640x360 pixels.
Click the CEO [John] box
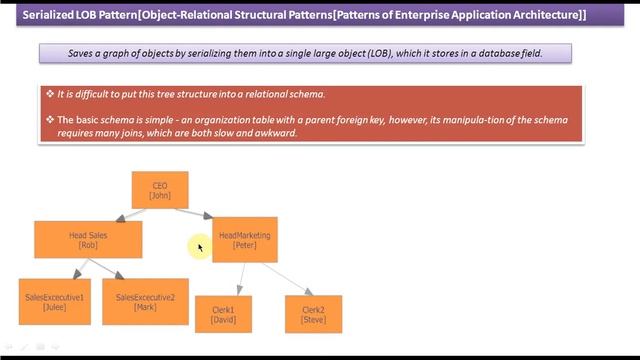click(x=160, y=190)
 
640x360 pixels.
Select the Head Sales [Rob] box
click(x=88, y=240)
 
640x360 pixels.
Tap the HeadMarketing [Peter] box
click(x=245, y=240)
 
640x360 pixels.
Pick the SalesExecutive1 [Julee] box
click(x=54, y=302)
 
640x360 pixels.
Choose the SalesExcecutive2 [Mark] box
click(x=145, y=302)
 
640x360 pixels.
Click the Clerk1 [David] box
click(x=223, y=315)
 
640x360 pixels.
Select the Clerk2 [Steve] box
click(x=313, y=315)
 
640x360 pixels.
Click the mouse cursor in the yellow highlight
click(x=200, y=246)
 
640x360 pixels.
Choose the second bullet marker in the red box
click(x=50, y=120)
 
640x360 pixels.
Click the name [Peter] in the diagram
click(x=245, y=245)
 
